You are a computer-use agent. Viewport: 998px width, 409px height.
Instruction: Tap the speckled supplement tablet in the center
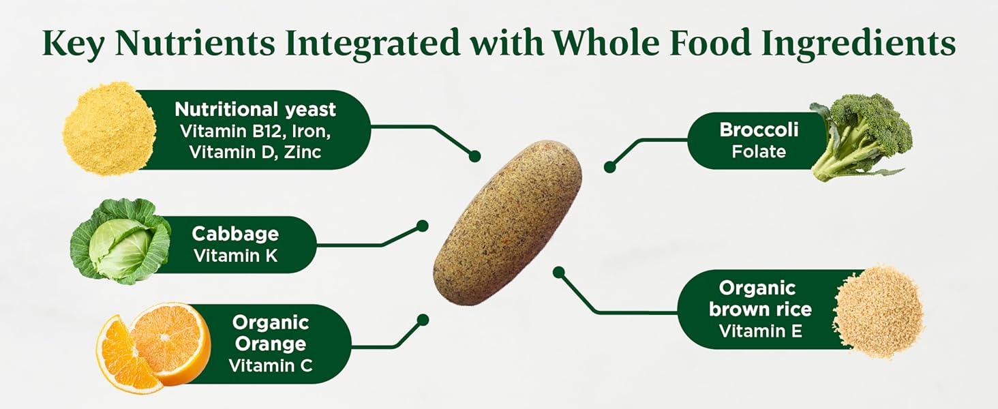509,222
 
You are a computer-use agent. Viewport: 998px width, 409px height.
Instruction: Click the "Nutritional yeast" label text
255,109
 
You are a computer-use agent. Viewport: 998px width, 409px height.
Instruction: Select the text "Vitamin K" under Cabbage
235,256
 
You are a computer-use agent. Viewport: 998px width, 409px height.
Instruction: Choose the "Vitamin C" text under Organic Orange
271,365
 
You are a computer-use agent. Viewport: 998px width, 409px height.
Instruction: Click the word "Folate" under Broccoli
759,151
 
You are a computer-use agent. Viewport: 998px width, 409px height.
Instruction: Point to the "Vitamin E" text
761,331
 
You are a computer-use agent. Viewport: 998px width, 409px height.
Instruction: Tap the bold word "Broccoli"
759,130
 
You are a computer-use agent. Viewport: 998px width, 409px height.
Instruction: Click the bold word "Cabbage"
235,234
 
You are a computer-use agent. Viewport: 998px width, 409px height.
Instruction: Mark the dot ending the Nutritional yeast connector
474,156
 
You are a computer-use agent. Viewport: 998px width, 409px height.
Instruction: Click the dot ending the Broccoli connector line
609,166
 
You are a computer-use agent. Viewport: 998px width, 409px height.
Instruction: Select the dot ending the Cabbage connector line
422,226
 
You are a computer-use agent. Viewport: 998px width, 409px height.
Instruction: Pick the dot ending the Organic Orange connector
422,319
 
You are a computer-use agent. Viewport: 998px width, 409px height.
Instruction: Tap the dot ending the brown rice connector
559,273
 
